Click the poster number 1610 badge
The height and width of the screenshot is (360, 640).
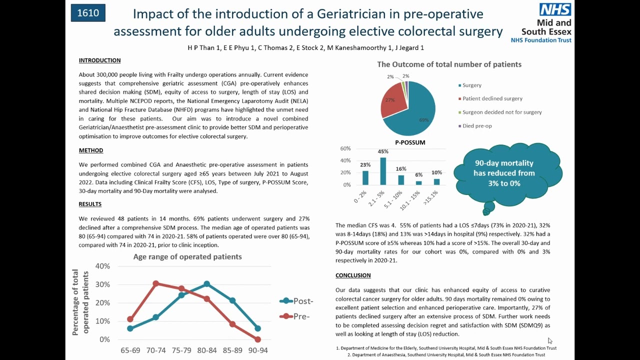88,13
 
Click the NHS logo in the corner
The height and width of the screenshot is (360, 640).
555,10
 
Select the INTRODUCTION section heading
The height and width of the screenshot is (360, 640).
99,60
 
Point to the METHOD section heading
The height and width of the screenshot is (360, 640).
91,150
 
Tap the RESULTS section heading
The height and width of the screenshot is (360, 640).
90,204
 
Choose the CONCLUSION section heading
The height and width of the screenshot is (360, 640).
353,275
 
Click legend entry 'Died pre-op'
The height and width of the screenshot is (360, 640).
477,126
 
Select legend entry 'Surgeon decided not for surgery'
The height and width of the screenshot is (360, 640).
501,112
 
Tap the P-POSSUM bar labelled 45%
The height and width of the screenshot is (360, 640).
383,171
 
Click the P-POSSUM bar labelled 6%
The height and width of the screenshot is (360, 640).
419,182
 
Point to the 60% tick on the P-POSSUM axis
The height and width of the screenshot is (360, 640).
345,148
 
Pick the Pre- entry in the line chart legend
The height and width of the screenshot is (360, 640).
294,316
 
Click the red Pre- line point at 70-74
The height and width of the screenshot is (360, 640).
155,283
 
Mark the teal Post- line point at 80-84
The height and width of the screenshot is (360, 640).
206,284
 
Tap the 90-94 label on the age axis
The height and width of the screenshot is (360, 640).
257,350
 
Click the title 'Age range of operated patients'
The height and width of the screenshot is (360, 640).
187,257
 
